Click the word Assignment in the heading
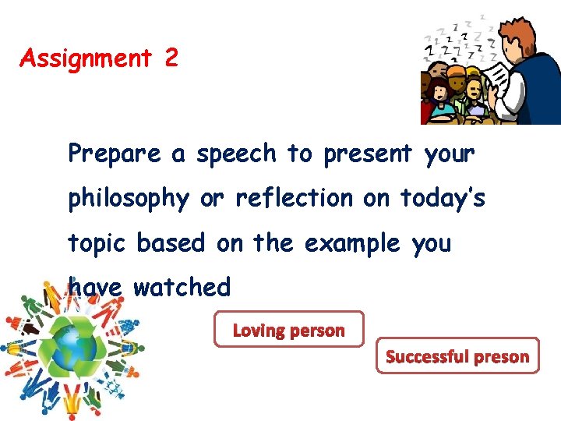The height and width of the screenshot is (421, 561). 86,58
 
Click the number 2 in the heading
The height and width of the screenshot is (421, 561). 171,58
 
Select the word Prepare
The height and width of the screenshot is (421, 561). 115,154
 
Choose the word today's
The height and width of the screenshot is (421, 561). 443,199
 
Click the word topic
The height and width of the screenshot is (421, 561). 98,243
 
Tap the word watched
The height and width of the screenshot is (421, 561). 182,288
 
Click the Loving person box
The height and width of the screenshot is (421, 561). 289,330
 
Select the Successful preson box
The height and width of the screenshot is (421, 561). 457,356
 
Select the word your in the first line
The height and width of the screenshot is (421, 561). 450,154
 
